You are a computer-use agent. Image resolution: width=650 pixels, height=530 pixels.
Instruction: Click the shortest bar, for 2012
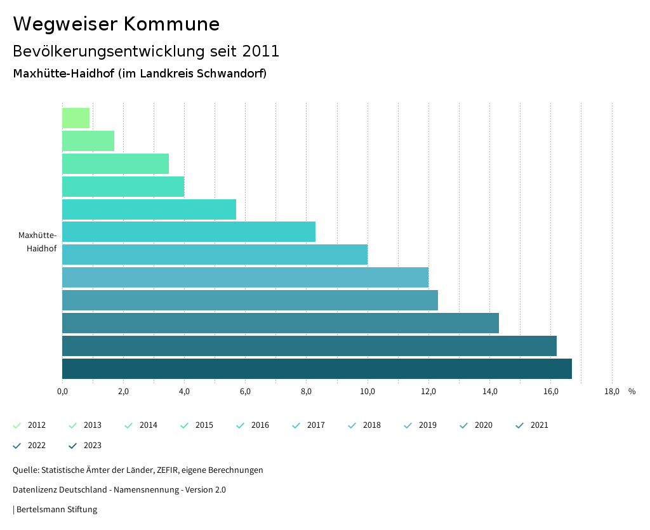coord(76,118)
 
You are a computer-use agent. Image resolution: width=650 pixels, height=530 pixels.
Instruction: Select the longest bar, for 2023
coord(317,369)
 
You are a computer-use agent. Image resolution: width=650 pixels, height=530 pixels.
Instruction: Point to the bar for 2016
coord(149,209)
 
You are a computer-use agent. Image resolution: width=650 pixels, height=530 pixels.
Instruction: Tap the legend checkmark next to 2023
coord(73,446)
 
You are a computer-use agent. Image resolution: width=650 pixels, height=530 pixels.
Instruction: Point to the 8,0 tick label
coord(306,392)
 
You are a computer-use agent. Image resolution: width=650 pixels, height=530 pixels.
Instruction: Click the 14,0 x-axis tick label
coord(489,392)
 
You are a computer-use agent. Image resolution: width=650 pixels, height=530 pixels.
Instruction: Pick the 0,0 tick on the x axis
coord(62,392)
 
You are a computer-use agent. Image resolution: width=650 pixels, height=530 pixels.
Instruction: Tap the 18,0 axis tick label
coord(611,392)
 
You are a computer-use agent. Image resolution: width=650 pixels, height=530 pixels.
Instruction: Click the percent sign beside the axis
coord(632,392)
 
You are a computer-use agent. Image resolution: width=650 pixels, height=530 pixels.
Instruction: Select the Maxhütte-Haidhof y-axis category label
coord(38,242)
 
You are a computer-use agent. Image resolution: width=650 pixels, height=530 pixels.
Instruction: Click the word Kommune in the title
coord(171,24)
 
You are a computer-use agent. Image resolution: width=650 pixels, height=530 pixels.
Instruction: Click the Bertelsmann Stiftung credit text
coord(56,509)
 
